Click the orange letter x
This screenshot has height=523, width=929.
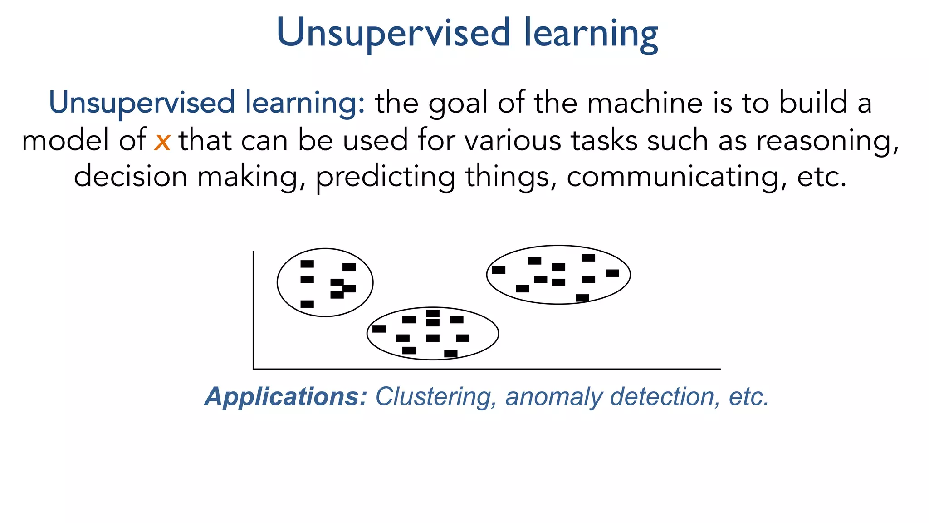[162, 142]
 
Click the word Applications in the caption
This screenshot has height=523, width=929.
[285, 397]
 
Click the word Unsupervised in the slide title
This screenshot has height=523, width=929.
[394, 33]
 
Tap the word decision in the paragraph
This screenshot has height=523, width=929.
[130, 176]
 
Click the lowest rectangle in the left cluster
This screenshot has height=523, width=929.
[307, 304]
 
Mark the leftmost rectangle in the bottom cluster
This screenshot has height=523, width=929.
[379, 329]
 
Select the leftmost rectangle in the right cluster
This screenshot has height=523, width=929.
[499, 270]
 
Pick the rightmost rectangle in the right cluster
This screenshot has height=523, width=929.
[612, 273]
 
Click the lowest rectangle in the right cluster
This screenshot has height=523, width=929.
[582, 298]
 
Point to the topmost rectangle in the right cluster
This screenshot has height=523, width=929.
[588, 257]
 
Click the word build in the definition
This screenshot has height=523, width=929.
[813, 103]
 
